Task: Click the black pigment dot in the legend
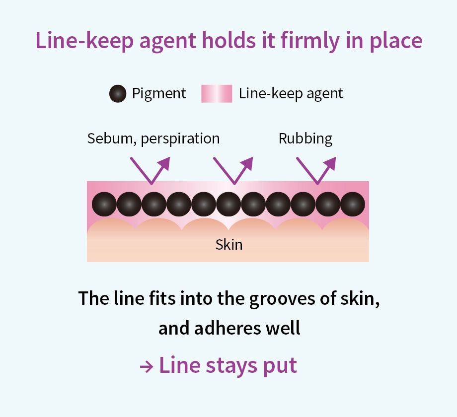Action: click(118, 94)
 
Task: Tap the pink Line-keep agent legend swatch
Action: click(216, 94)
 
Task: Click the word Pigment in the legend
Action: click(159, 93)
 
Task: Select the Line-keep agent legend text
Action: click(291, 93)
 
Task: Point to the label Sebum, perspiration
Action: click(153, 139)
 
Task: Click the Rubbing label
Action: click(305, 139)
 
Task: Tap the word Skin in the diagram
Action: click(229, 245)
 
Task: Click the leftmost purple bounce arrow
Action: click(150, 170)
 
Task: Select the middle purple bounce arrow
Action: click(232, 170)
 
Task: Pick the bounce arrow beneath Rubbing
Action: click(316, 170)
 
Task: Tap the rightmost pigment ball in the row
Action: click(353, 204)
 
